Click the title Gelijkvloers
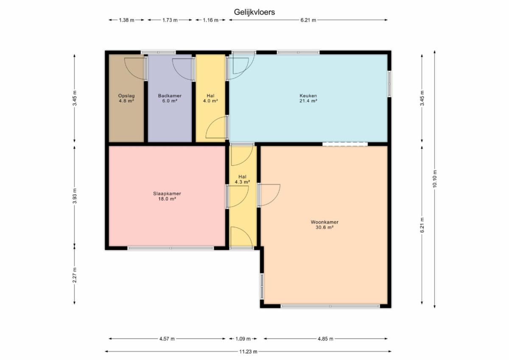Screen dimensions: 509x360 click(x=254, y=12)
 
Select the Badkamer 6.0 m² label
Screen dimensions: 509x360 click(x=170, y=98)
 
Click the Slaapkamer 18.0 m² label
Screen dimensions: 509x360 click(x=167, y=196)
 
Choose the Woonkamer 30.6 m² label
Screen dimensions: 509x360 click(x=324, y=225)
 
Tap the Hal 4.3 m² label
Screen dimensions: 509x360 click(x=243, y=179)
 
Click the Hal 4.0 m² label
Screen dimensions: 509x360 click(x=210, y=98)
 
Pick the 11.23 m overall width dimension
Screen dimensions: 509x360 click(x=248, y=352)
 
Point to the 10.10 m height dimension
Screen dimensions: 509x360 click(x=434, y=179)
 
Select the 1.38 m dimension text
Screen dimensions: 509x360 click(x=126, y=20)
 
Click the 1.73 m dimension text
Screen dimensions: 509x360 click(x=170, y=20)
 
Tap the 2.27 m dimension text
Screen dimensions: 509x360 click(x=75, y=275)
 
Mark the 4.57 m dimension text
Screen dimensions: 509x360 click(x=167, y=339)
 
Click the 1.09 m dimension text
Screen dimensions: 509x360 click(x=243, y=339)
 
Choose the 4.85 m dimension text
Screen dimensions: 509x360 click(x=325, y=339)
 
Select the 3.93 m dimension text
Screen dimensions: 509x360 click(x=75, y=195)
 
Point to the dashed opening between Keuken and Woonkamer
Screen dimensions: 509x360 click(x=345, y=144)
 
